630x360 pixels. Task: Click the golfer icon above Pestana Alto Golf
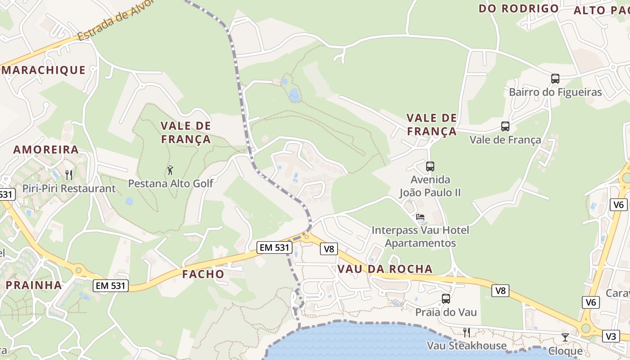[170, 170]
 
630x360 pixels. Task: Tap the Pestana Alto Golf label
[171, 184]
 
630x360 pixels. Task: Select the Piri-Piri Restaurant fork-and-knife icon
[69, 175]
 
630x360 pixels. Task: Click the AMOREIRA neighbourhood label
[46, 150]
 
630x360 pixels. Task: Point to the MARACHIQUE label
[43, 70]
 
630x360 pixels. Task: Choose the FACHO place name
[203, 274]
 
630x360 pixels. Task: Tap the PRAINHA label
[34, 285]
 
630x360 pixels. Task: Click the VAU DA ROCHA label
[385, 269]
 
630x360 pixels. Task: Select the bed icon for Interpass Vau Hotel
[420, 217]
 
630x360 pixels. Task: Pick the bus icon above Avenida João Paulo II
[430, 166]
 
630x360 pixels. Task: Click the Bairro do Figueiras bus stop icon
[555, 79]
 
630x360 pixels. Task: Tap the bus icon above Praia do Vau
[446, 298]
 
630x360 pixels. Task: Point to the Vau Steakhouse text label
[467, 346]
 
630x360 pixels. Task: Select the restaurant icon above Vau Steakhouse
[467, 333]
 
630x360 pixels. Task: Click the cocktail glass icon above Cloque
[565, 337]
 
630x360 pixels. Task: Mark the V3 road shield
[611, 336]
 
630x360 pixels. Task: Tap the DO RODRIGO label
[518, 9]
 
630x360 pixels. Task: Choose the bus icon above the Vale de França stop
[505, 126]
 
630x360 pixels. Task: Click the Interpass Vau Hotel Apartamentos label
[420, 237]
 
